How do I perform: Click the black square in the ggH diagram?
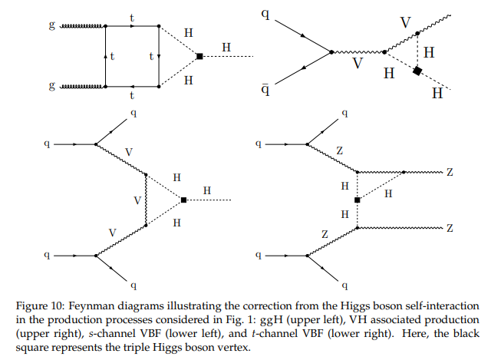pyautogui.click(x=199, y=56)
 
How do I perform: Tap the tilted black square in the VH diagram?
pyautogui.click(x=417, y=71)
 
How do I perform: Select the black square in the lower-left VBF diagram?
pyautogui.click(x=183, y=200)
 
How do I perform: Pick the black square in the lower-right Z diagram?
pyautogui.click(x=357, y=200)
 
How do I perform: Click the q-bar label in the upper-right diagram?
pyautogui.click(x=265, y=89)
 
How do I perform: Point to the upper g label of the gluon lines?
pyautogui.click(x=52, y=25)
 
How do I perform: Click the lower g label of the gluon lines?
pyautogui.click(x=52, y=85)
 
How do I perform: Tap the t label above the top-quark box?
pyautogui.click(x=132, y=18)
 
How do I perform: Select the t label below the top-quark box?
pyautogui.click(x=132, y=95)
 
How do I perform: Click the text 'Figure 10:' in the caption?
pyautogui.click(x=40, y=306)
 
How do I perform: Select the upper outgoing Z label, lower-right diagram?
pyautogui.click(x=450, y=172)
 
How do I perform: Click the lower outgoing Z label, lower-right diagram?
pyautogui.click(x=450, y=228)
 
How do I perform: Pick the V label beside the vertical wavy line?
pyautogui.click(x=137, y=200)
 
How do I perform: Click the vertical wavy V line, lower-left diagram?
pyautogui.click(x=146, y=200)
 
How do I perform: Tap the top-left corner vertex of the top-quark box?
pyautogui.click(x=106, y=26)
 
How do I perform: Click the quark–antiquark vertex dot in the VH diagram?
pyautogui.click(x=331, y=52)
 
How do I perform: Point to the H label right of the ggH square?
pyautogui.click(x=226, y=48)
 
